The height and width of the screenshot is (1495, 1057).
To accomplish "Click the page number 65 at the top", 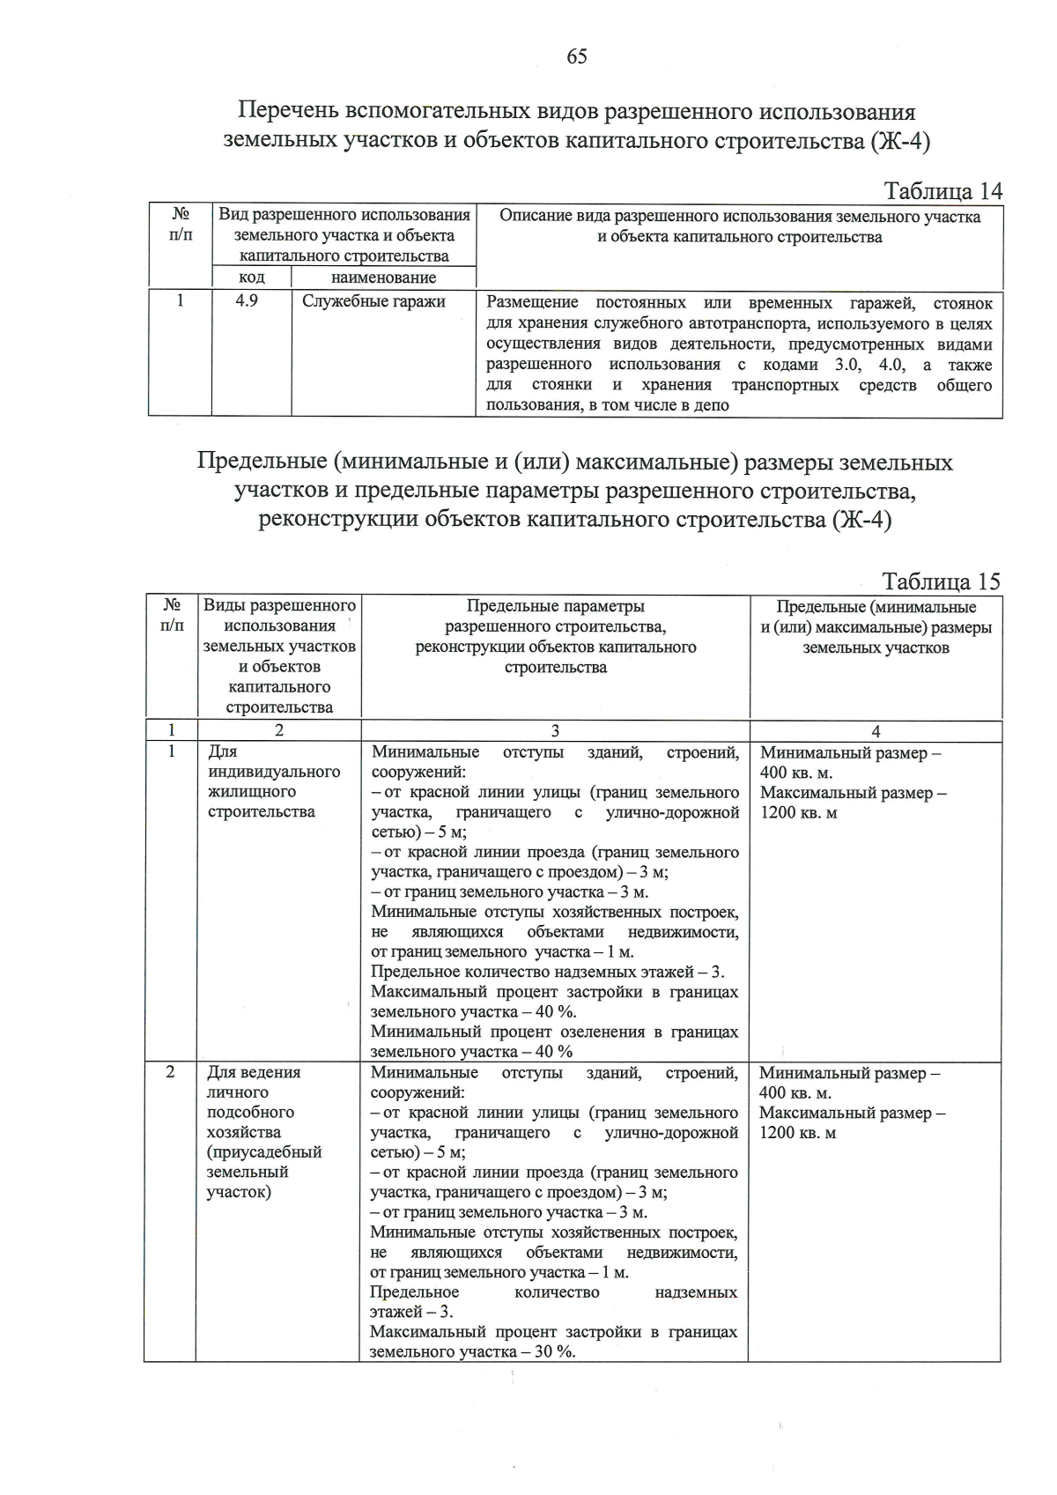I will (x=577, y=57).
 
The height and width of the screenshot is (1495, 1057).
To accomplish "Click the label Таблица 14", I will (x=942, y=191).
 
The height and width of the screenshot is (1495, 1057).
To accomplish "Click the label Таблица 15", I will (x=941, y=581).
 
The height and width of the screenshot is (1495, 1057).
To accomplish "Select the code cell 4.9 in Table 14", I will (x=247, y=301).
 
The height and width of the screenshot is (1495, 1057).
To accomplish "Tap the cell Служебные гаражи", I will (x=373, y=301).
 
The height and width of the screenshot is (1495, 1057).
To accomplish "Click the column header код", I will (x=251, y=278).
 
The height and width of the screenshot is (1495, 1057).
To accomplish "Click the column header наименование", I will (x=383, y=278).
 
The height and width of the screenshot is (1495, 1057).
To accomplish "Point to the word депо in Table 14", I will (x=712, y=405).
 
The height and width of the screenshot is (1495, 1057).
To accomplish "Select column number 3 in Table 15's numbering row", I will (x=555, y=730).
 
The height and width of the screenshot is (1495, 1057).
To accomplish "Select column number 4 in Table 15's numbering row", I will (x=876, y=730).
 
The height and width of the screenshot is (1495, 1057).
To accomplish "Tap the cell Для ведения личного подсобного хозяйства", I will (x=264, y=1131).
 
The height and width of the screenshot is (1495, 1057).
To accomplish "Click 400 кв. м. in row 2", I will (x=795, y=1093).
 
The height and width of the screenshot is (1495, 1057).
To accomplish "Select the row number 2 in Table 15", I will (x=170, y=1072).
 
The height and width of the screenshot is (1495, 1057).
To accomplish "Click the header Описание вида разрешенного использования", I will (x=740, y=217).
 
